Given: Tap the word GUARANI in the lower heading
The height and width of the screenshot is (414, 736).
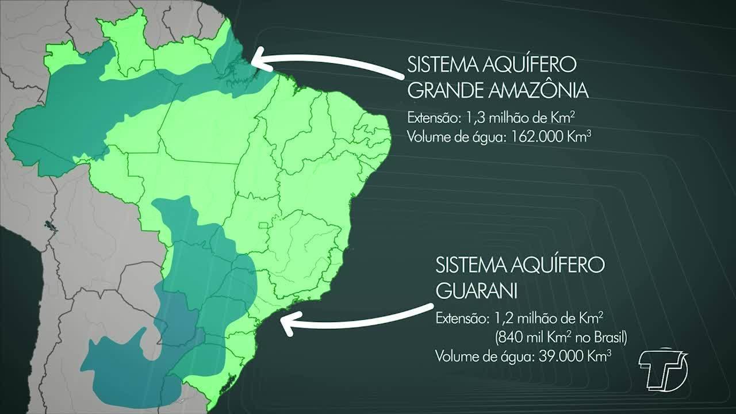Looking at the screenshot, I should point(477,291).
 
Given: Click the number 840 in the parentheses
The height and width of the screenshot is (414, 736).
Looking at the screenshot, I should point(506,337).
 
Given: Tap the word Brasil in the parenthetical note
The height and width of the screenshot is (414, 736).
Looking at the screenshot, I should point(608,337).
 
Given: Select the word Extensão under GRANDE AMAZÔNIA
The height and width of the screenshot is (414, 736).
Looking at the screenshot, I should point(431,118).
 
